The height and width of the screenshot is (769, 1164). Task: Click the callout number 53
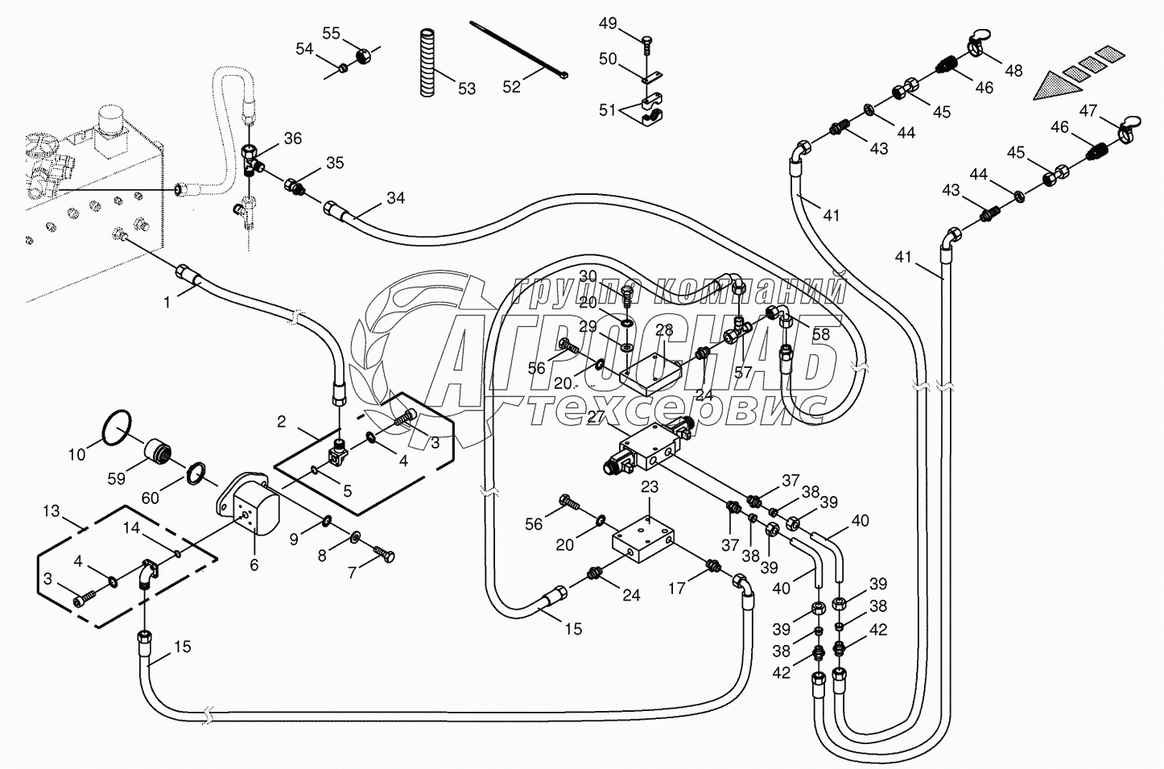point(467,89)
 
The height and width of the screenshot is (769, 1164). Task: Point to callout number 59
point(117,478)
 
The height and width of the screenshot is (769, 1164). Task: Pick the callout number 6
point(254,565)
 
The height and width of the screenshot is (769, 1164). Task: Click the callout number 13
point(51,511)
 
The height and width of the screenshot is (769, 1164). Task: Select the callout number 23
point(650,486)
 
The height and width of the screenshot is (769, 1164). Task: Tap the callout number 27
point(596,416)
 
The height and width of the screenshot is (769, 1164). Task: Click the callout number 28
point(663,330)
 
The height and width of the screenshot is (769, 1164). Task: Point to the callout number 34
point(395,197)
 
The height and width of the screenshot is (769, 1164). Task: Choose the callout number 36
point(292,139)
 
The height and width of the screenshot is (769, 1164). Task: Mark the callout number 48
point(1013,71)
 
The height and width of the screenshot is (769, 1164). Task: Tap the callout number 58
point(820,333)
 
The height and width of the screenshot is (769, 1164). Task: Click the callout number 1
point(167,303)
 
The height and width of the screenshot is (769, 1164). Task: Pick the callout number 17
point(677,589)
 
